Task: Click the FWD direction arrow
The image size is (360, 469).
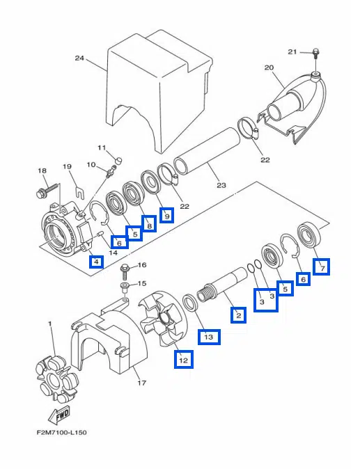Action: [59, 415]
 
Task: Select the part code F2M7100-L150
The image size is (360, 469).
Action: [62, 433]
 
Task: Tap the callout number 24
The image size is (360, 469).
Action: [79, 58]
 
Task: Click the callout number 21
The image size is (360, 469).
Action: [292, 52]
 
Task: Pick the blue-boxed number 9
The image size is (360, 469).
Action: [167, 215]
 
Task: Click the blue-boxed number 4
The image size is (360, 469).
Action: [96, 262]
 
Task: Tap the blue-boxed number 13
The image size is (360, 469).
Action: [209, 337]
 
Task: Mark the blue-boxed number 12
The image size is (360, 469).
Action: [183, 359]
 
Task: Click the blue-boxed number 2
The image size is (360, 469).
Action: [239, 315]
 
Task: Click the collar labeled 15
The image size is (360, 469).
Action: [125, 288]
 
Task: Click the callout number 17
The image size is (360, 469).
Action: [142, 383]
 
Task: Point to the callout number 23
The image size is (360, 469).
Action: [221, 186]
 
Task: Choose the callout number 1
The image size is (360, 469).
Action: [49, 324]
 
